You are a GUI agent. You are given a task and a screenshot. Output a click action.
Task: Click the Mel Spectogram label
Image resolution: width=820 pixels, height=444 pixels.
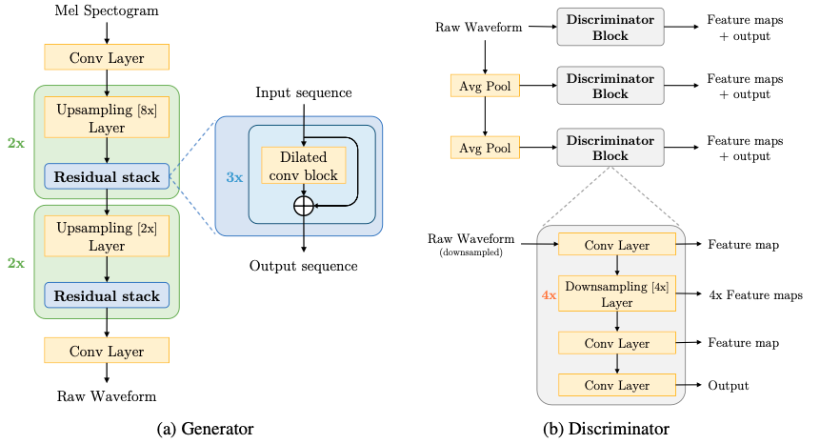point(107,10)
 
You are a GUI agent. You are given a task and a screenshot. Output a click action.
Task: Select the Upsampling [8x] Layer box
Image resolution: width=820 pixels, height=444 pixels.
point(107,117)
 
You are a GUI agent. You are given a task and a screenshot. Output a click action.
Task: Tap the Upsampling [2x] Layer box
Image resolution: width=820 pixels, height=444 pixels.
point(107,236)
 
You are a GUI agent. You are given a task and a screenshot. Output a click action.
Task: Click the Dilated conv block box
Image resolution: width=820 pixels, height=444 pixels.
point(303,165)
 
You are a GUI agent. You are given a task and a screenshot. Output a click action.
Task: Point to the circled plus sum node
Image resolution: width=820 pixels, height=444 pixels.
point(303,206)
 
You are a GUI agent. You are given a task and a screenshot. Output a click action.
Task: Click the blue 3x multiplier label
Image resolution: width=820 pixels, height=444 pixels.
point(234,177)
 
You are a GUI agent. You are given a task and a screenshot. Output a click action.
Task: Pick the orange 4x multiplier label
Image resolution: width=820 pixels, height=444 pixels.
point(549,295)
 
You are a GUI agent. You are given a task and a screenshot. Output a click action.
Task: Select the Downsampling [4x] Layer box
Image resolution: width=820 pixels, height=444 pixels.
point(617,293)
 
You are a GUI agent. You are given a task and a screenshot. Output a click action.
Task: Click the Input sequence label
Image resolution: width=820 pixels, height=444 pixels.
point(303,93)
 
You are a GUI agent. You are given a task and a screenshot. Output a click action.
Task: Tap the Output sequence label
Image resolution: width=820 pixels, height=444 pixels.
point(303,266)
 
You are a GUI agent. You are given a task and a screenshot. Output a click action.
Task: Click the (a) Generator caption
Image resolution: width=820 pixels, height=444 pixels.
point(205,429)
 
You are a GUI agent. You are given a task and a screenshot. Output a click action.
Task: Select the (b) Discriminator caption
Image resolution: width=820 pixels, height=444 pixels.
point(606,429)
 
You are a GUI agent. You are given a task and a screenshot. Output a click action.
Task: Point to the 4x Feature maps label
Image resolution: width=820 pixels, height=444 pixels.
point(755,295)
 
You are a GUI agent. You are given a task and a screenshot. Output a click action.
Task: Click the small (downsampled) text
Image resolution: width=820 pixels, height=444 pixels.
point(470,252)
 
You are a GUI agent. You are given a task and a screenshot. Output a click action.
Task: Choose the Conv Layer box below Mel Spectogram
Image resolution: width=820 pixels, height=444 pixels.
point(107,57)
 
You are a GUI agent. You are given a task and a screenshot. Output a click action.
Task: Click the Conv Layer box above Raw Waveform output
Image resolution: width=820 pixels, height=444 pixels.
point(107,351)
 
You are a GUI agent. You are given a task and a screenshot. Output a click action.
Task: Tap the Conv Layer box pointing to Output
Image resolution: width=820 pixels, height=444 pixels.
point(617,385)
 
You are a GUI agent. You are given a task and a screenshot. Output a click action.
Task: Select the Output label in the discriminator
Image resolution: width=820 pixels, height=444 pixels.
point(729,386)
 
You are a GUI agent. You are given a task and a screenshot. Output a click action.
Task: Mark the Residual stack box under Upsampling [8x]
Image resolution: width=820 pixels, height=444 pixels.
point(107,176)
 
